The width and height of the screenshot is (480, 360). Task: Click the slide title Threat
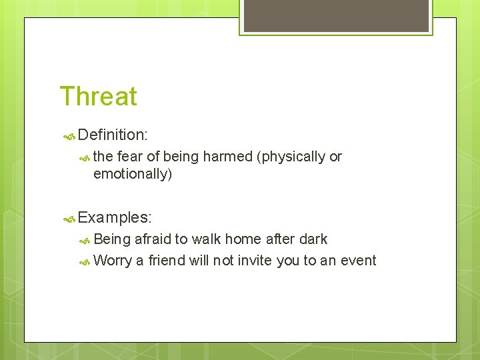point(98,96)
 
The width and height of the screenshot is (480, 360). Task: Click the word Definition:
point(112,135)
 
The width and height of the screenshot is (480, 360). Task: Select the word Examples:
point(115,217)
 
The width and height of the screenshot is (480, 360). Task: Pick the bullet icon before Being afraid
point(85,240)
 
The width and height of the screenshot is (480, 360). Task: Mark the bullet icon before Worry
point(85,262)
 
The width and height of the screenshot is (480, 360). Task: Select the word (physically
point(291,157)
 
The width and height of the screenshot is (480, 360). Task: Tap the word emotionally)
point(133,174)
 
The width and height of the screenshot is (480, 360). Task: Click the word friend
point(167,261)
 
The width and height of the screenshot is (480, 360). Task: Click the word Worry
point(113,261)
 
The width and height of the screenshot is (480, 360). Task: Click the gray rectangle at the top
point(336,16)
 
